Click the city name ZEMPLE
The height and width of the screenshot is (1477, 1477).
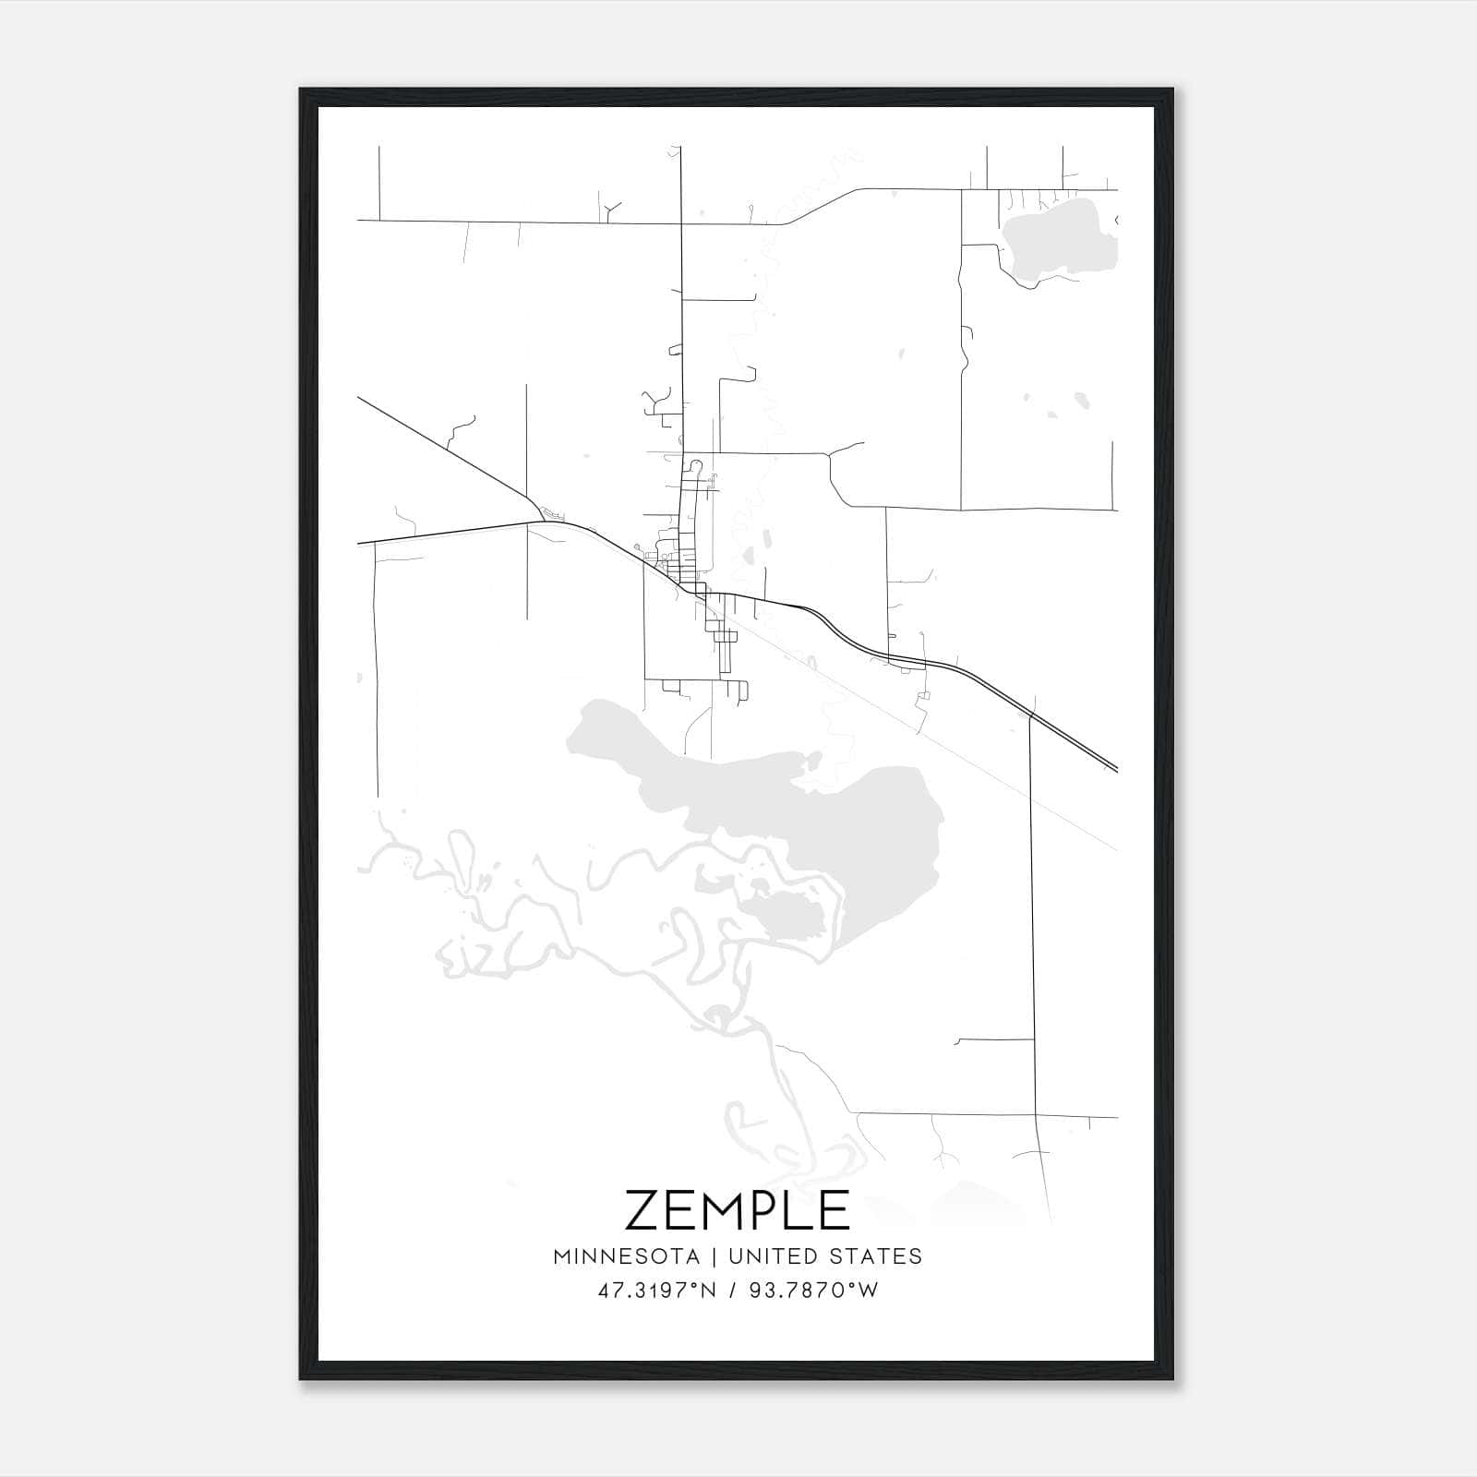pyautogui.click(x=737, y=1210)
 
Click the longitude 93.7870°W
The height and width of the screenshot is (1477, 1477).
pyautogui.click(x=812, y=1291)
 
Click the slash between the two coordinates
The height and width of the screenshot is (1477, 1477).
pyautogui.click(x=732, y=1291)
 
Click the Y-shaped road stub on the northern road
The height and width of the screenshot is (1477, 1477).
pyautogui.click(x=608, y=210)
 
